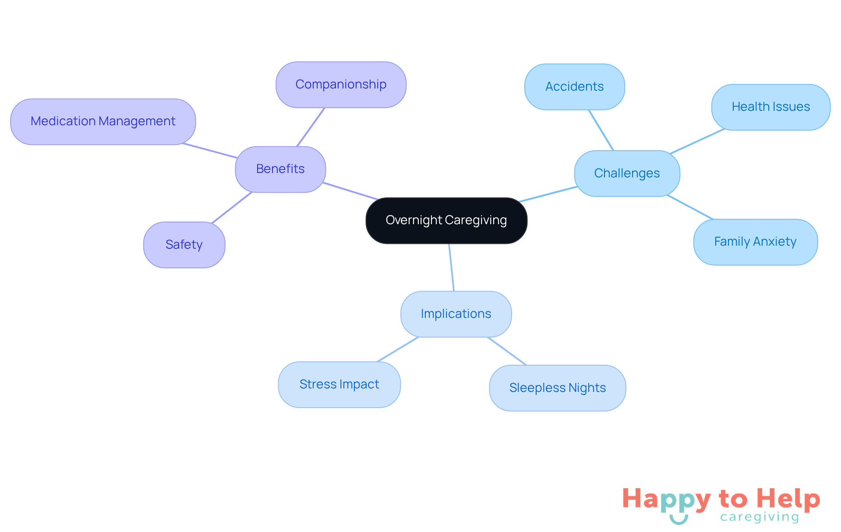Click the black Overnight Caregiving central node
(x=446, y=220)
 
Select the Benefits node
(x=280, y=169)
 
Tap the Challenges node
(x=627, y=173)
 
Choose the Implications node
(x=456, y=314)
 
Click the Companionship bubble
(x=341, y=85)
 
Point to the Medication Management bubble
(x=103, y=121)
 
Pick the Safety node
(x=184, y=245)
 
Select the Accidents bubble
(x=574, y=87)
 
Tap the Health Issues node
(x=770, y=107)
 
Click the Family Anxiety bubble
(x=755, y=242)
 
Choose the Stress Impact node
(x=339, y=384)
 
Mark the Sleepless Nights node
(x=557, y=388)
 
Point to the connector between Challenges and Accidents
(x=601, y=130)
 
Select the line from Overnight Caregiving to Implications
(x=452, y=268)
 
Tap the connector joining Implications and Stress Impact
(x=398, y=349)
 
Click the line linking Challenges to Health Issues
(x=697, y=141)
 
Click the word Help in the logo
(x=788, y=499)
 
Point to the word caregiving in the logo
(x=760, y=517)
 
